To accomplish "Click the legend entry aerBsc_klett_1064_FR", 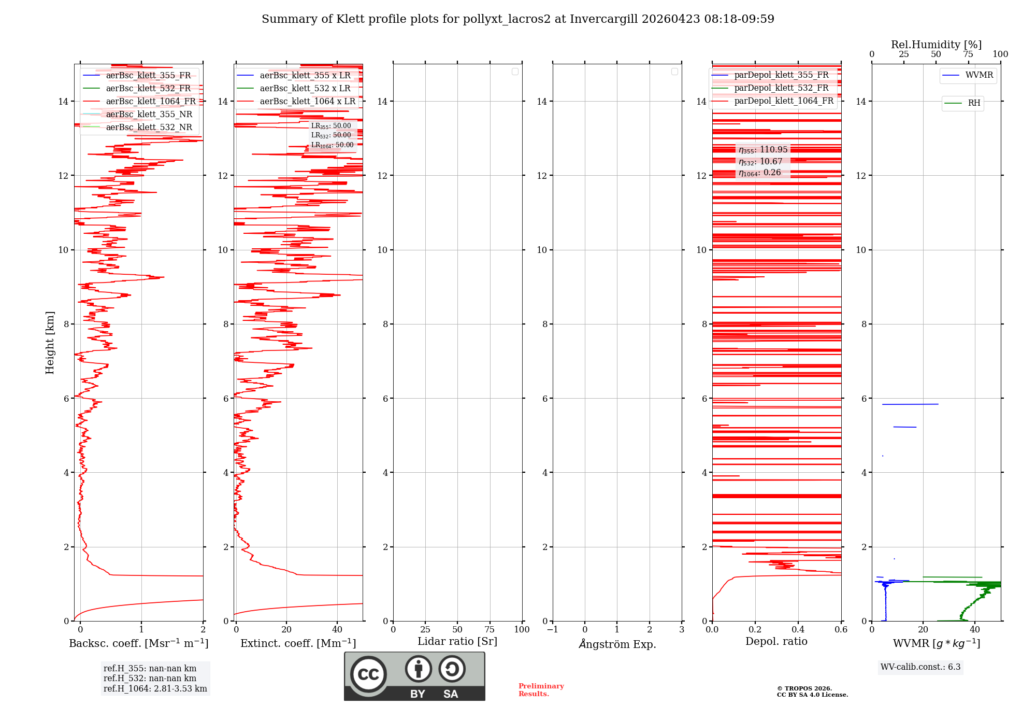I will tap(151, 102).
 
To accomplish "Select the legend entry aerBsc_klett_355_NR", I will tap(149, 115).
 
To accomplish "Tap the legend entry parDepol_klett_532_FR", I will tap(781, 88).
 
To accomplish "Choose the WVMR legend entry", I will tap(979, 75).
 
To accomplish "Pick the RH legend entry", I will tap(974, 103).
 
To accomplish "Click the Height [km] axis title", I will tap(50, 342).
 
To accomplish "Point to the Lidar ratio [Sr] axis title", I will tap(457, 642).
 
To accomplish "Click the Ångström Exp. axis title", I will tap(617, 644).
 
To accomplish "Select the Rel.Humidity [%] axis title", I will tap(936, 45).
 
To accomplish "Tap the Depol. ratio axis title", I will tap(776, 642).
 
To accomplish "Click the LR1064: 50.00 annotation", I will tap(333, 145).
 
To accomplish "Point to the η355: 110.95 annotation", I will tap(763, 150).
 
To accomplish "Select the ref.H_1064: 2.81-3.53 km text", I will tap(155, 689).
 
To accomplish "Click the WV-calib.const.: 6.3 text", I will tap(920, 667).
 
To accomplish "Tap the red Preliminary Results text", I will tap(541, 690).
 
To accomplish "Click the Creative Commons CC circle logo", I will tap(368, 674).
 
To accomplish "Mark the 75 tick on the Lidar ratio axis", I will tap(490, 630).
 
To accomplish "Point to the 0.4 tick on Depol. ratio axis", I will tap(798, 630).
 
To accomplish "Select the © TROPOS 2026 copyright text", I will tap(804, 688).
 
